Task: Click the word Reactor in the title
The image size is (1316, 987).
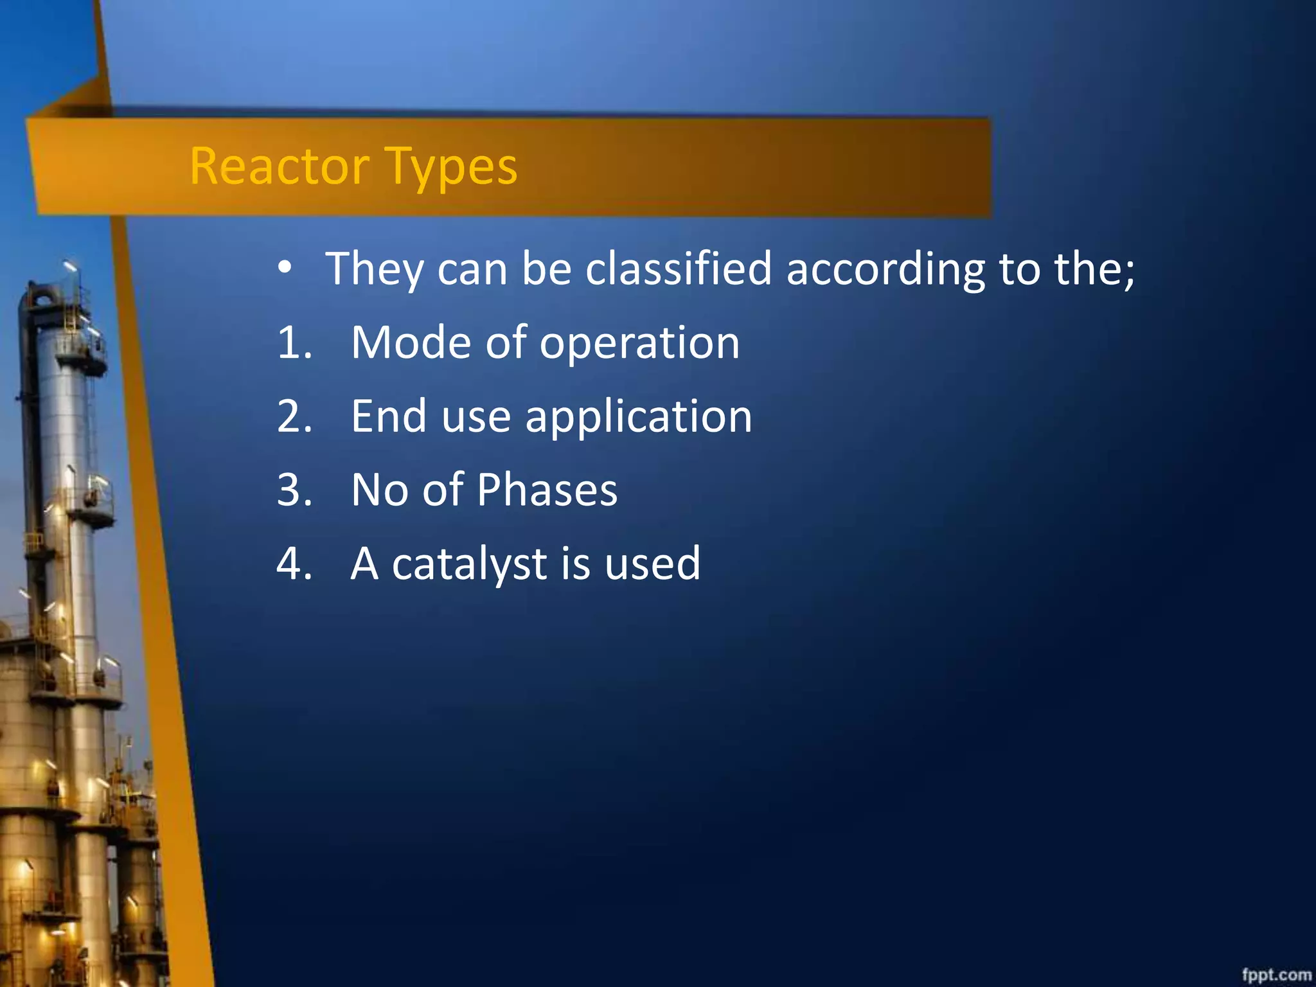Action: click(x=279, y=166)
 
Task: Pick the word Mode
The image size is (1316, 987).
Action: click(x=411, y=342)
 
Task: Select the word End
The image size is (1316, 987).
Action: click(x=388, y=416)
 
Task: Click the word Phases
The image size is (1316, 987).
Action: click(x=547, y=490)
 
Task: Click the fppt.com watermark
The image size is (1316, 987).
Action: click(x=1276, y=974)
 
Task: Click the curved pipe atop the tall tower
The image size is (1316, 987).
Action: click(x=40, y=296)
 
